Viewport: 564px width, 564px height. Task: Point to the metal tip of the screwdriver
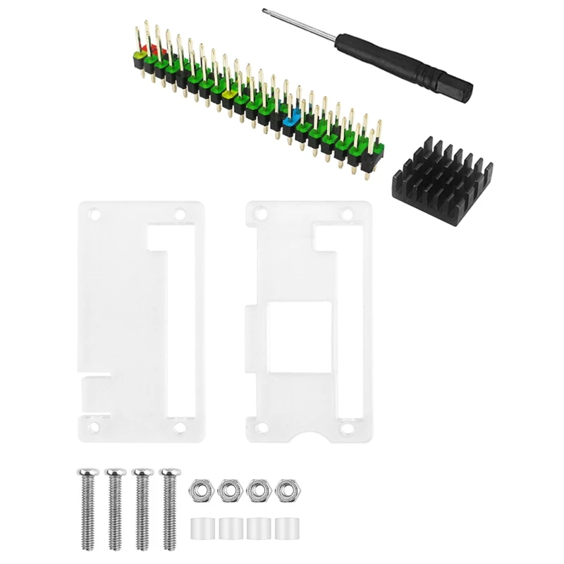click(266, 11)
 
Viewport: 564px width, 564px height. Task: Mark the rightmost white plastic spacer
click(286, 527)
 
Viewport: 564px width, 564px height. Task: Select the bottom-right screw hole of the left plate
click(179, 427)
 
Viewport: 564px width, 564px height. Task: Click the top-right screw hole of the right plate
click(345, 213)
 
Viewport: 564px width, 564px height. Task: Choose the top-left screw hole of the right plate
click(260, 213)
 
